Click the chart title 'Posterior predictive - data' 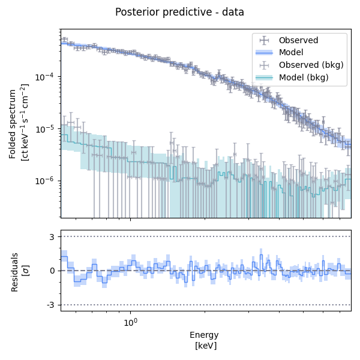pos(179,12)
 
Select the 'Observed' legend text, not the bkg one pos(299,40)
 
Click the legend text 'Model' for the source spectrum pos(292,53)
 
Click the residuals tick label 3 pos(53,236)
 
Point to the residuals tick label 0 pos(53,271)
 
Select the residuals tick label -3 pos(51,305)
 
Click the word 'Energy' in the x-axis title pos(204,335)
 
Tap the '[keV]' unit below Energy pos(205,346)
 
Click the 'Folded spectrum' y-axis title pos(13,124)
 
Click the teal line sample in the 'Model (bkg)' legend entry pos(264,78)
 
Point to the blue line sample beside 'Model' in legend pos(264,53)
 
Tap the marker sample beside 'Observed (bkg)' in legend pos(264,65)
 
